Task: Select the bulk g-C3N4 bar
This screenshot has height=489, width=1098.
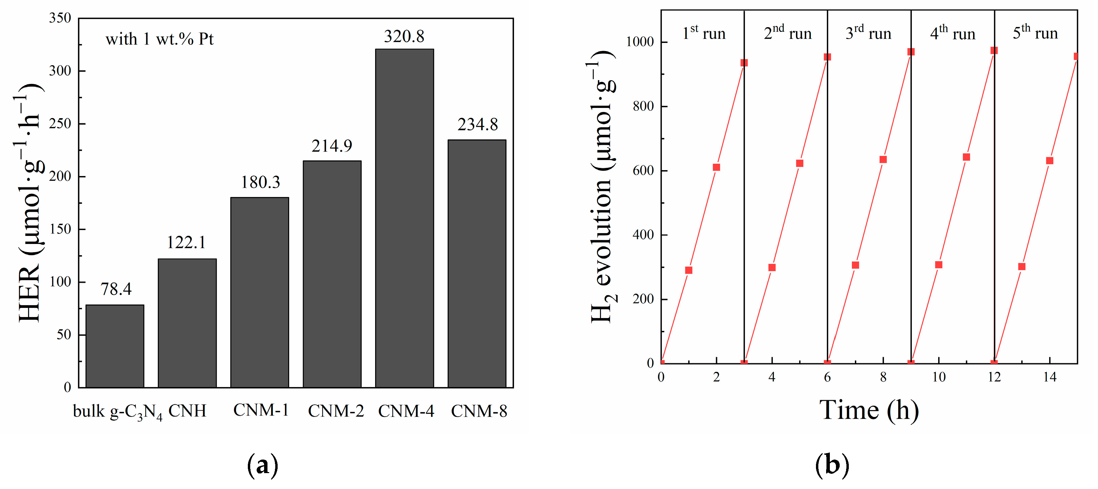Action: (x=115, y=346)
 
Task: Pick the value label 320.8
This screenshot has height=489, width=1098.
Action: (x=404, y=37)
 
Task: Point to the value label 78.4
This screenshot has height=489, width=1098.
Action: (x=116, y=289)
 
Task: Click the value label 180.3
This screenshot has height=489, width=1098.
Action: (x=260, y=182)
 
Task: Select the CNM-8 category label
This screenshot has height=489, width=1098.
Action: (x=479, y=411)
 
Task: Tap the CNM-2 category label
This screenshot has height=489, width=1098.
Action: (x=336, y=411)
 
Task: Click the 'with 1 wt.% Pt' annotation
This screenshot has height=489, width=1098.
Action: (x=159, y=39)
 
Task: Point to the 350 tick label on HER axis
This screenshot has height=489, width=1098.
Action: (x=60, y=18)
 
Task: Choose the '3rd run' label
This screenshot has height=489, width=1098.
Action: (x=868, y=33)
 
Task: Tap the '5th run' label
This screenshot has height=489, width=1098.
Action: (x=1035, y=33)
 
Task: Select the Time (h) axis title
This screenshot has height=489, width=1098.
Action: (x=869, y=410)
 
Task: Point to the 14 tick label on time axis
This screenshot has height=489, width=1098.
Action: (x=1050, y=377)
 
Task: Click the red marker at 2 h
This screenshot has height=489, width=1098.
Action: (x=716, y=168)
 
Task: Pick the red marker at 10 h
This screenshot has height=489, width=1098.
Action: (x=939, y=265)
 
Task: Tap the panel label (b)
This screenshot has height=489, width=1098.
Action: (x=832, y=465)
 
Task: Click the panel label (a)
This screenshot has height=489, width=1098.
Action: (x=263, y=465)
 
